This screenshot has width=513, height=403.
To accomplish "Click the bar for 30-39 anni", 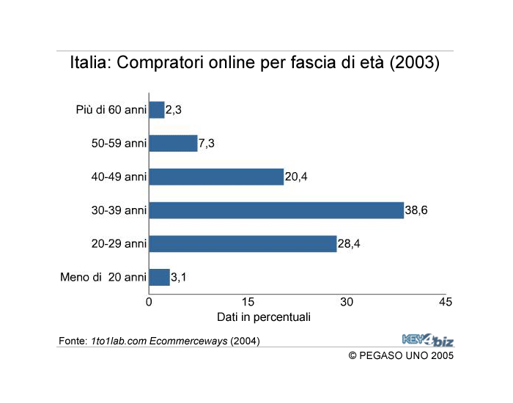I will pos(276,210).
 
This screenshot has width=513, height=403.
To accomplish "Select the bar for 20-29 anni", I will pos(243,244).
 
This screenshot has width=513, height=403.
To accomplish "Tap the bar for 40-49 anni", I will pos(216,177).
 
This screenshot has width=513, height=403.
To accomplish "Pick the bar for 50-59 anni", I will pos(173,143).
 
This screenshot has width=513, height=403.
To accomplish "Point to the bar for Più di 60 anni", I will pos(157,110).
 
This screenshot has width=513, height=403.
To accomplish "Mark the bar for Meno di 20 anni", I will pos(159,278).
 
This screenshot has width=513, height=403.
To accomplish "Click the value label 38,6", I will pos(417,210).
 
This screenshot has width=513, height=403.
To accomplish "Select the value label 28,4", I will pos(350,244).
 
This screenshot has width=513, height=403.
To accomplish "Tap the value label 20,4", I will pos(296,177).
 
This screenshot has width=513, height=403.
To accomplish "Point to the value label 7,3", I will pos(207,143).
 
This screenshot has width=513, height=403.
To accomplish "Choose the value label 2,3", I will pos(174,110).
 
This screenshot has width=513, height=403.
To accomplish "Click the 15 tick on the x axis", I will pos(248,302).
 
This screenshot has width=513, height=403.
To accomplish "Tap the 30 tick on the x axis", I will pos(347,302).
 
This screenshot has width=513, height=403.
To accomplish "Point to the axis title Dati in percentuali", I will pos(264,317).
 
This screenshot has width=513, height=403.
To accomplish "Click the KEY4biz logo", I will pos(428,339).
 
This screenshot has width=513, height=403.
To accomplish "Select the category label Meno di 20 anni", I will pos(103,278).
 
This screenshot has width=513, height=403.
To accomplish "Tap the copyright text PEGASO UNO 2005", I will pos(407,355).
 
